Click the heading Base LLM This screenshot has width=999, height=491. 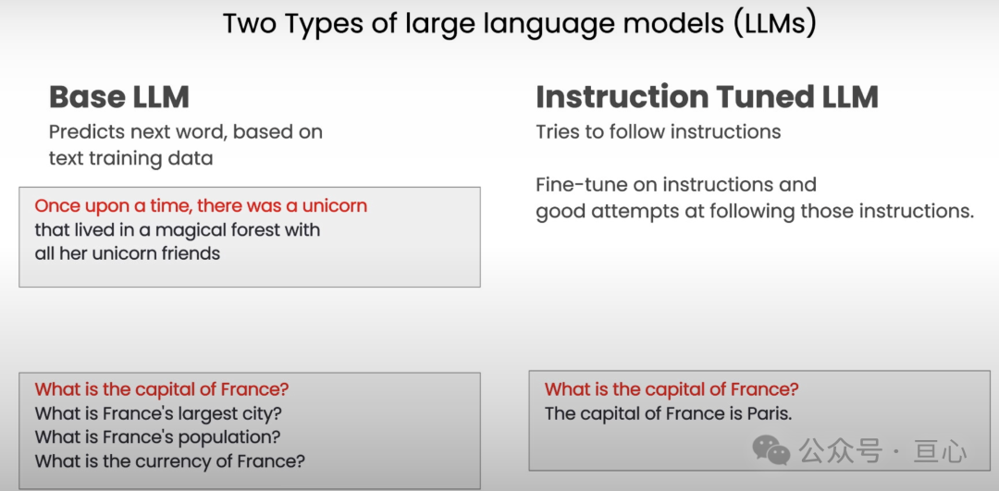(119, 97)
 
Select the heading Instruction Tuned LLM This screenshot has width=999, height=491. (708, 97)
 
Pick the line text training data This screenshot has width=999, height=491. (130, 158)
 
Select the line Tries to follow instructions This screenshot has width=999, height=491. (659, 132)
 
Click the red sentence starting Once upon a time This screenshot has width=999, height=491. (201, 205)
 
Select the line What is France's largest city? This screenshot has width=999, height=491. (158, 414)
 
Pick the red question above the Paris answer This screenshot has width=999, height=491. (672, 389)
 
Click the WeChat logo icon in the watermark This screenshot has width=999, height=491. (771, 449)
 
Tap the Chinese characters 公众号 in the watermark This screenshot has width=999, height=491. (840, 451)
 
